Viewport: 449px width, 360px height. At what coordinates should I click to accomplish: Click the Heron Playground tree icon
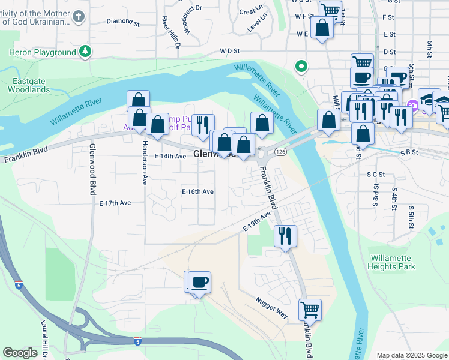click(86, 52)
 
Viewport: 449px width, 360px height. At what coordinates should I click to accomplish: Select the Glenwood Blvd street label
click(92, 169)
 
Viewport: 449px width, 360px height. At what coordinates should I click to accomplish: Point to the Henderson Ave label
click(144, 164)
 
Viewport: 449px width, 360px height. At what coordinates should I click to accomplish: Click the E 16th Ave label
click(197, 191)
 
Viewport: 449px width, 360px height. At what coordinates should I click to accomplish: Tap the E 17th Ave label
click(115, 203)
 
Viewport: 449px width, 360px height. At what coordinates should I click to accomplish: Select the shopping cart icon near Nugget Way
click(310, 310)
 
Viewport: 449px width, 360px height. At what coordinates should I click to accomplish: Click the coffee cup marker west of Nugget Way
click(199, 281)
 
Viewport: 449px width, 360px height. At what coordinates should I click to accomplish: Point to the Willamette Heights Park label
click(391, 262)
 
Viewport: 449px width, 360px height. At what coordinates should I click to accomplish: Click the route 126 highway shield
click(280, 152)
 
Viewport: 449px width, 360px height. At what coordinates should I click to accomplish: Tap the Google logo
click(20, 353)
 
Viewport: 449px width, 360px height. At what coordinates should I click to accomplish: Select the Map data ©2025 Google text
click(411, 355)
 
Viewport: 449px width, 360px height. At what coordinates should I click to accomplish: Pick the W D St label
click(229, 52)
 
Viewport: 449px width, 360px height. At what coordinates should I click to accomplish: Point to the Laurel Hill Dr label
click(44, 340)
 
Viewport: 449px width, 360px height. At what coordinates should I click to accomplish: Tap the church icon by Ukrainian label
click(79, 17)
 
